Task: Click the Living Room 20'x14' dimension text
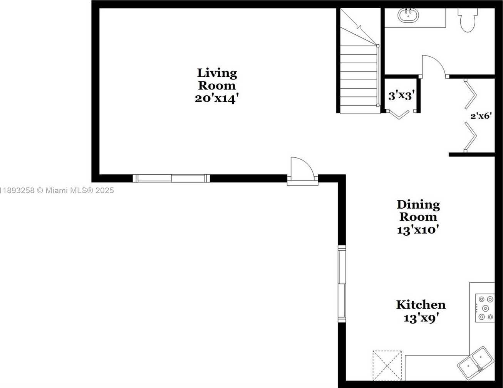click(217, 98)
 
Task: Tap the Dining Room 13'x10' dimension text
click(418, 230)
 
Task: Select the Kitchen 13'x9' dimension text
click(421, 318)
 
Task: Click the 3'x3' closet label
click(401, 96)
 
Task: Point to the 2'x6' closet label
click(481, 116)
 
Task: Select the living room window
click(171, 178)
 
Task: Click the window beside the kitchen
click(342, 284)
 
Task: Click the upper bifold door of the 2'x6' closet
click(470, 94)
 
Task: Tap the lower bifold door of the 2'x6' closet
click(470, 137)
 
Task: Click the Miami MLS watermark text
click(57, 191)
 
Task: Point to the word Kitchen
click(421, 305)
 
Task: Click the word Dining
click(418, 205)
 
